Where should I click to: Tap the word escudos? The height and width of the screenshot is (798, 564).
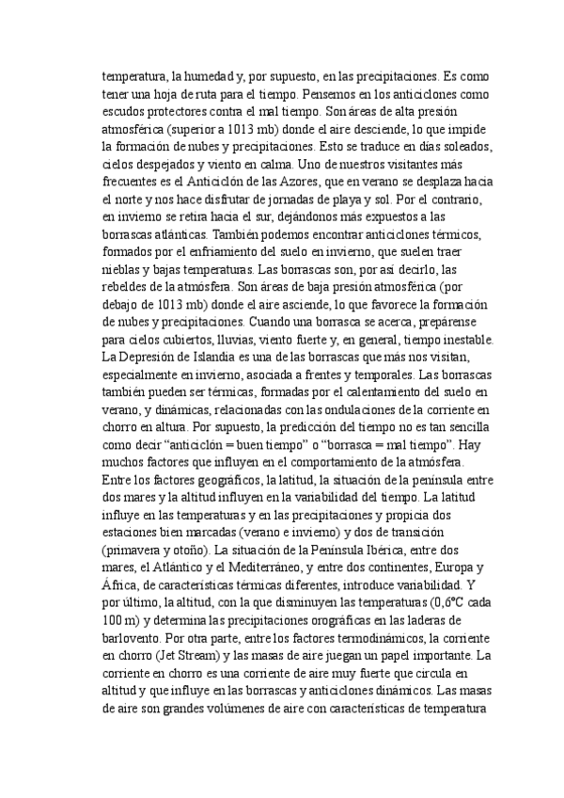pyautogui.click(x=125, y=114)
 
